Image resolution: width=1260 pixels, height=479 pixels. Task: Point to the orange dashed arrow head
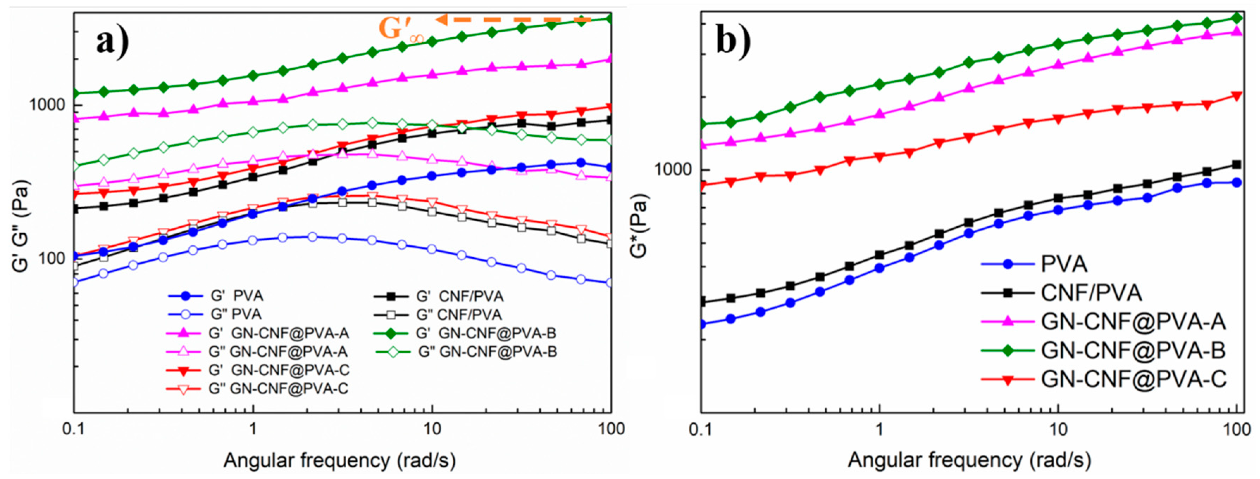pos(440,20)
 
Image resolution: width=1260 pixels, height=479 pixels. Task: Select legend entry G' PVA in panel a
pos(237,296)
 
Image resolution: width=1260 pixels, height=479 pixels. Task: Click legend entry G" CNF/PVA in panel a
pos(459,314)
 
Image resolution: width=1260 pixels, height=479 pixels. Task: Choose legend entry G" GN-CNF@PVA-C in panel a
pos(278,389)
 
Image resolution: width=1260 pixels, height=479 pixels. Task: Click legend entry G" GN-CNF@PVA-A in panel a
pos(278,352)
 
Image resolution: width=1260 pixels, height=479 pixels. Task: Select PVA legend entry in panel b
pos(1064,264)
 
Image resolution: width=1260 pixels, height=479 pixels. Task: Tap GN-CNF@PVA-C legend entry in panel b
pos(1133,379)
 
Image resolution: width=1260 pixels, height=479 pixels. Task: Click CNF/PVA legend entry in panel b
pos(1091,293)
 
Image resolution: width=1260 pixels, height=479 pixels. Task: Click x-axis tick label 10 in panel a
pos(432,429)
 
